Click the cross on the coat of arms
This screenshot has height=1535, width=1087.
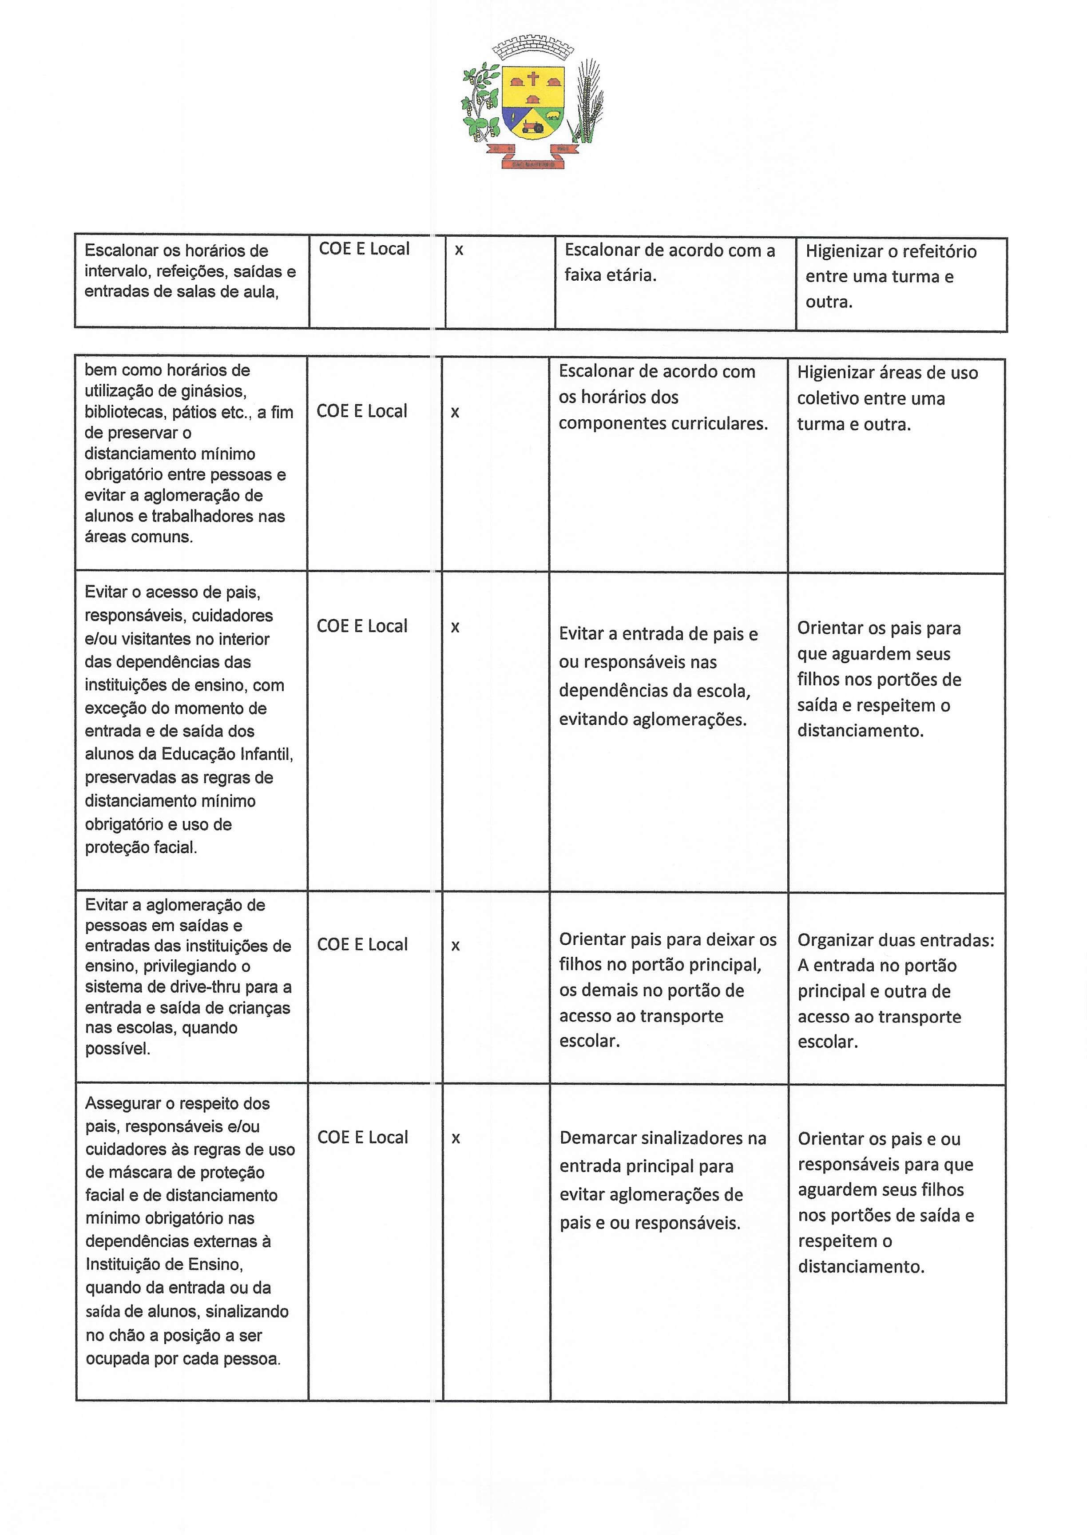pos(533,79)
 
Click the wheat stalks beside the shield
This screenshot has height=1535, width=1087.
pos(587,100)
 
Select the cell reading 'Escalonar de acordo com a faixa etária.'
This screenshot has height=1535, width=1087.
pos(669,262)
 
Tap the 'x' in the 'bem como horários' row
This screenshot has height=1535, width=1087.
pos(455,412)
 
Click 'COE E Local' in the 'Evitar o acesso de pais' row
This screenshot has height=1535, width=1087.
pos(361,626)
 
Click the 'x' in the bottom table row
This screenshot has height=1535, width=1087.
pos(456,1138)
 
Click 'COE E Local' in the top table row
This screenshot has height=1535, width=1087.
pos(364,249)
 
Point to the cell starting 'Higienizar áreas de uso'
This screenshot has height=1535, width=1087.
pos(887,398)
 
